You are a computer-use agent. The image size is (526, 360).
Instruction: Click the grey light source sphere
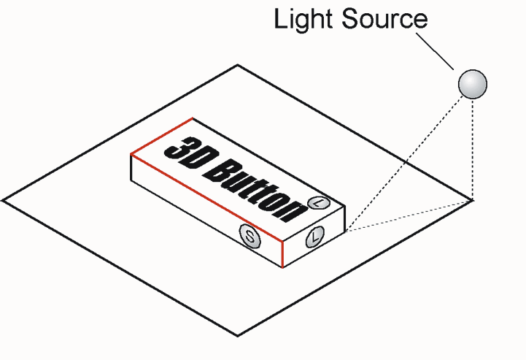coord(472,84)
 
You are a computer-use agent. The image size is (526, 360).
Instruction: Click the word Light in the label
coord(303,19)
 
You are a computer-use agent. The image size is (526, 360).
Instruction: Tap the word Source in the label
coord(384,19)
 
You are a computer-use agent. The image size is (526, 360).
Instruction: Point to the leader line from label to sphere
coord(435,51)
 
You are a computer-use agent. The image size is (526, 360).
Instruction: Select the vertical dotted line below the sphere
coord(473,150)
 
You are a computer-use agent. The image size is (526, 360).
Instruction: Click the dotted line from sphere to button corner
coord(405,164)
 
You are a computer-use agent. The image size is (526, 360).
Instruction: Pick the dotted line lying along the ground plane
coord(409,216)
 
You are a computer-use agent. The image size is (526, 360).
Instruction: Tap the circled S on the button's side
coord(250,236)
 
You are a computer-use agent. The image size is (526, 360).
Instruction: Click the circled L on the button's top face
coord(319,202)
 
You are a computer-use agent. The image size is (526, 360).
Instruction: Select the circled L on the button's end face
coord(315,237)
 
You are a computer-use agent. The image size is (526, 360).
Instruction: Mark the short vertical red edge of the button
coord(282,254)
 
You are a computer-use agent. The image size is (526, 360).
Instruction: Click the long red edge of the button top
coord(206,197)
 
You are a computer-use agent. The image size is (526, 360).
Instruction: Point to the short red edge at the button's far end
coord(161,136)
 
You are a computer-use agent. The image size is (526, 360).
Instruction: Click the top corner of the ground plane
coord(238,65)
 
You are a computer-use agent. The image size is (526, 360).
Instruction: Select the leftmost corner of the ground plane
coord(3,201)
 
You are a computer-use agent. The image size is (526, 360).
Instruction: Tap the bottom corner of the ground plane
coord(238,335)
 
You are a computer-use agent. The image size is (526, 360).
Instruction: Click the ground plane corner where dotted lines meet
coord(473,201)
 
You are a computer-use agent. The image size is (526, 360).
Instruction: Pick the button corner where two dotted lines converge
coord(345,231)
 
